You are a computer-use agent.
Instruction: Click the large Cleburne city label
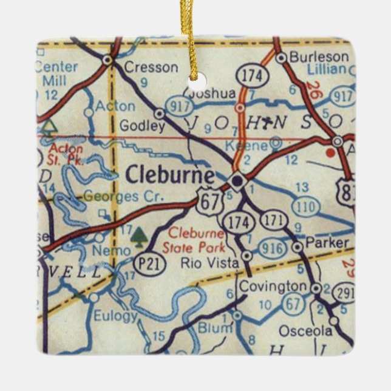coord(170,175)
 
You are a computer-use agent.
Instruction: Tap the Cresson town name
coord(151,67)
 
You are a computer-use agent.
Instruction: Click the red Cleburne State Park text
coord(196,240)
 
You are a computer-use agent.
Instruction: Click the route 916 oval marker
coord(271,248)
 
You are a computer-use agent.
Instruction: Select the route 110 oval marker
coord(305,206)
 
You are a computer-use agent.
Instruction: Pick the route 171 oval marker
coord(274,220)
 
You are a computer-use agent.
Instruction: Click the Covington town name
coord(273,286)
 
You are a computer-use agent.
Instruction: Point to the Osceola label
coord(305,331)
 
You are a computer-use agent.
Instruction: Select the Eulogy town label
coord(115,316)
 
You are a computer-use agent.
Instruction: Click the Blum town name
coord(216,328)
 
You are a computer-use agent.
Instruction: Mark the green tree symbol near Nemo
coord(140,234)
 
